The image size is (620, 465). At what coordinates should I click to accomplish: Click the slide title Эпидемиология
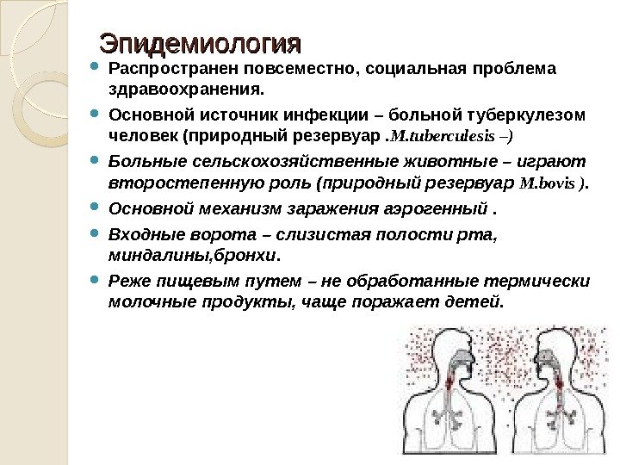click(200, 42)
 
